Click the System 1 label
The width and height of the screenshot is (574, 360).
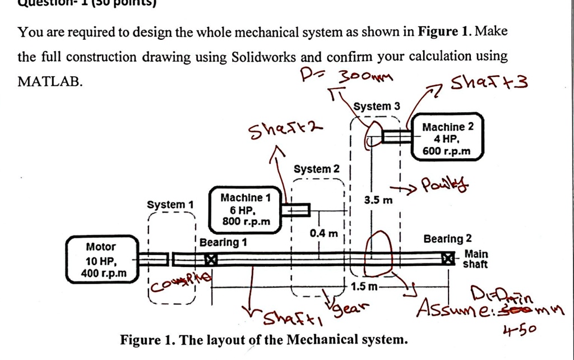pyautogui.click(x=169, y=205)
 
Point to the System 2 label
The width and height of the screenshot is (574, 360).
pyautogui.click(x=317, y=169)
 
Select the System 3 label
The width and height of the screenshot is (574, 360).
pyautogui.click(x=377, y=106)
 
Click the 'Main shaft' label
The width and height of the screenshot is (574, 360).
pyautogui.click(x=475, y=259)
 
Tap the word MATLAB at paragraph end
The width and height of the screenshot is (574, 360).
pyautogui.click(x=50, y=81)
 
